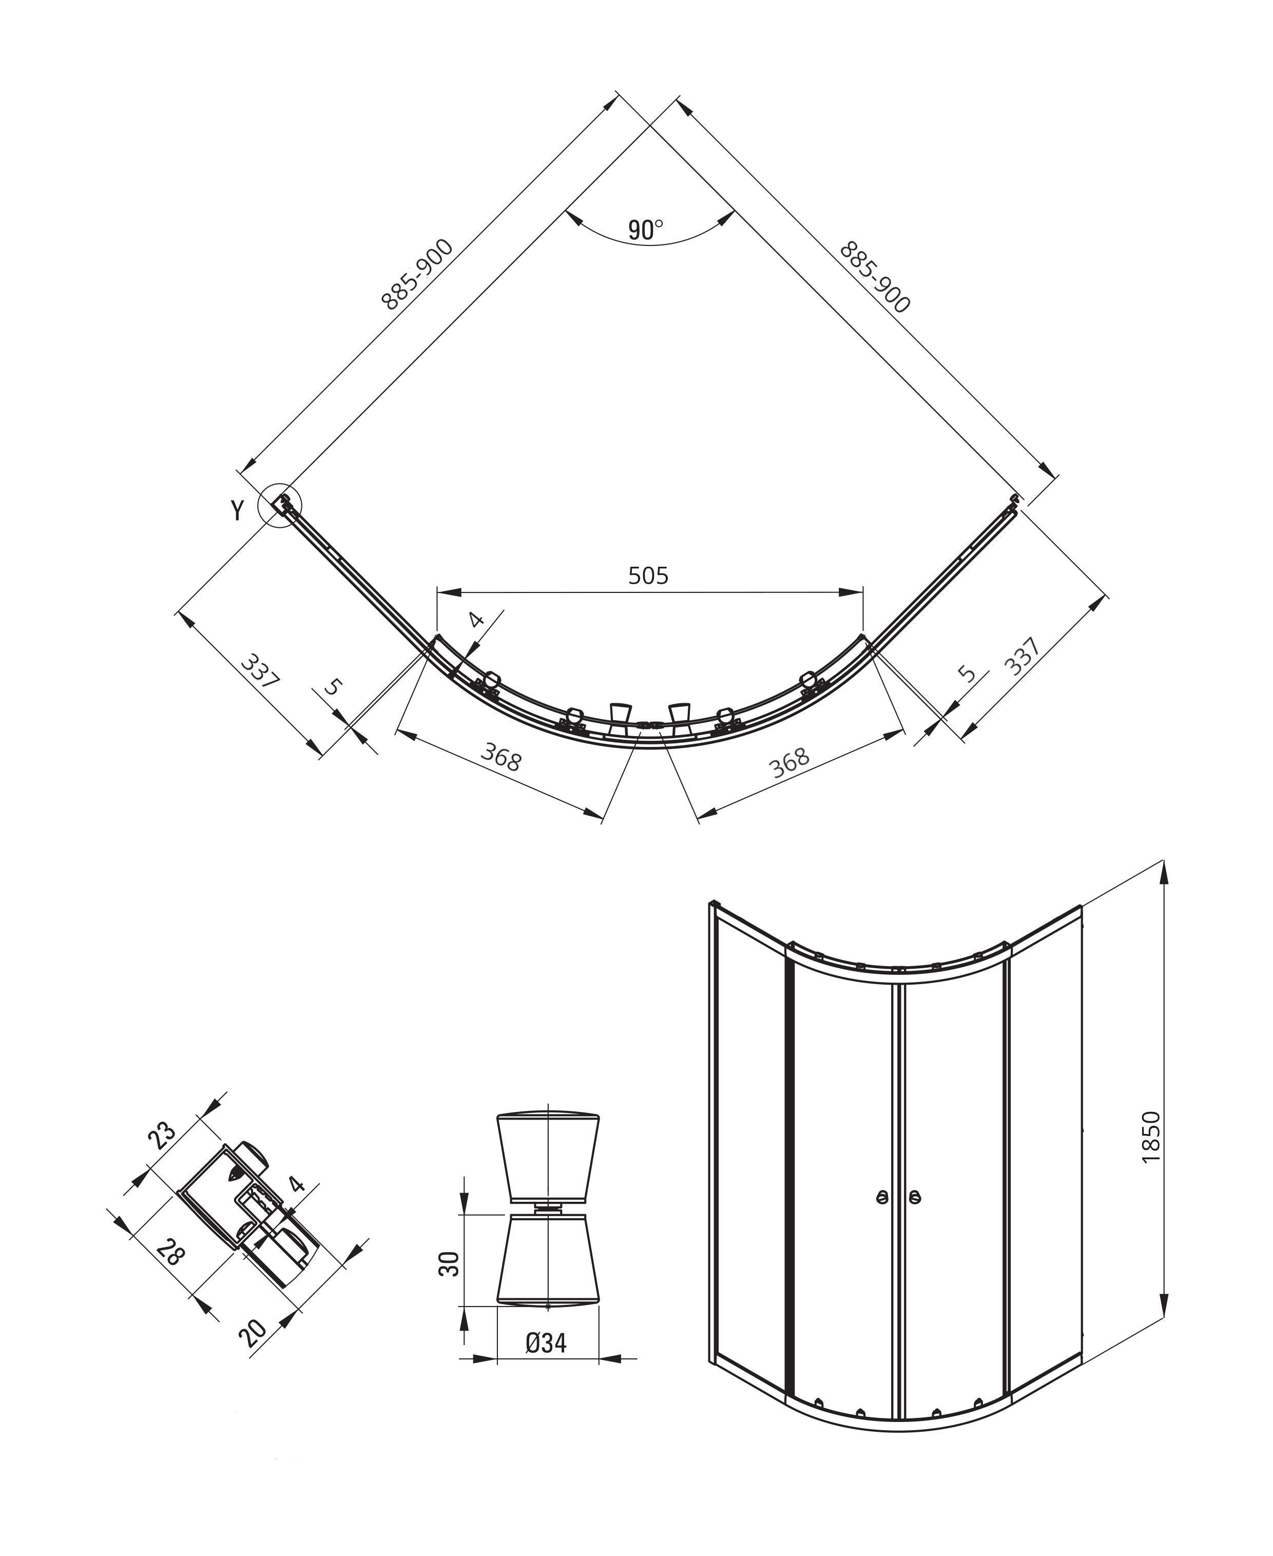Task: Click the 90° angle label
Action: click(x=645, y=230)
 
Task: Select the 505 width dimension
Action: click(x=648, y=577)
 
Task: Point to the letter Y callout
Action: click(x=237, y=510)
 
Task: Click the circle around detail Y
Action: click(x=280, y=506)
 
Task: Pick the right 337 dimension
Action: click(x=1021, y=656)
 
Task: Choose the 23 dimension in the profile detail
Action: click(x=162, y=1155)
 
